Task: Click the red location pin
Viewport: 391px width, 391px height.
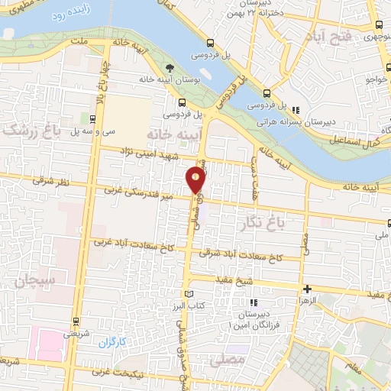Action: coord(196,180)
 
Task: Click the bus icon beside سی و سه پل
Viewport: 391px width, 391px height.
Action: coord(92,118)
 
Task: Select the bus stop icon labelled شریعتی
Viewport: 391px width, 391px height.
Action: coord(75,322)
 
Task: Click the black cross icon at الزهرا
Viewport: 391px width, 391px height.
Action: coord(307,289)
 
